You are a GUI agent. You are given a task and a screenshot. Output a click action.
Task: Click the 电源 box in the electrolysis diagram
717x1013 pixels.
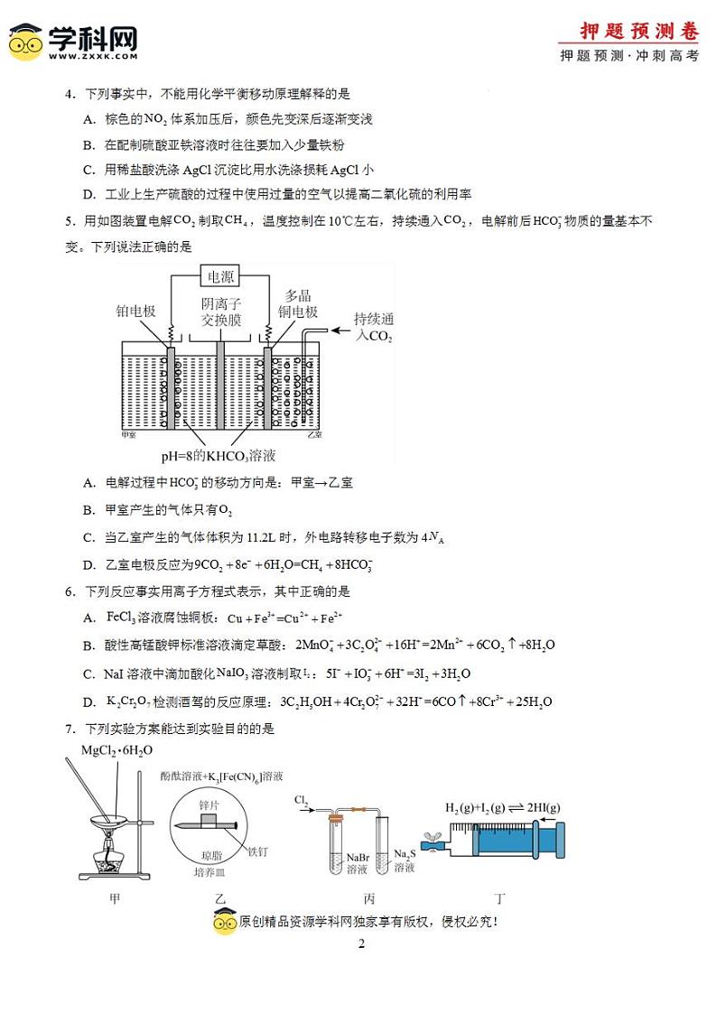coord(221,276)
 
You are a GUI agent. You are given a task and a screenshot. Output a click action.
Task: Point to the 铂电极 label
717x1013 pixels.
coord(136,311)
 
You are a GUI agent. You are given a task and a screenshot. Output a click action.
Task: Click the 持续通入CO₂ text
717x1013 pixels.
coord(375,327)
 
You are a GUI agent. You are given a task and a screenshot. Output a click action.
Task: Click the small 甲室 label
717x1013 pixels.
coord(127,435)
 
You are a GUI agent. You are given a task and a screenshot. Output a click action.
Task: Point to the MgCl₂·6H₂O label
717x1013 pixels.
coord(116,750)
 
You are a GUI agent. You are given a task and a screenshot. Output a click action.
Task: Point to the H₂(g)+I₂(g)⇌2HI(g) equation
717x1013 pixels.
coord(502,806)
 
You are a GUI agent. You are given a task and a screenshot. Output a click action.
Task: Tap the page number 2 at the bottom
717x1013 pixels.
coord(360,944)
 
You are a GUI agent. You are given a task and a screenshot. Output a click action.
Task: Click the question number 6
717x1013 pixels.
coord(69,591)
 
